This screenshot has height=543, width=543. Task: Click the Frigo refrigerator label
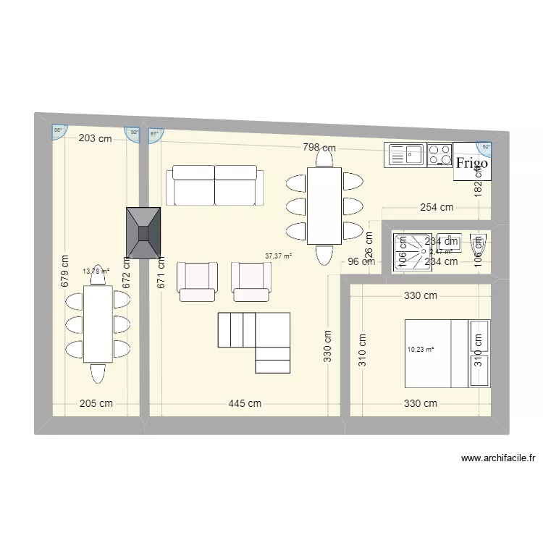(471, 163)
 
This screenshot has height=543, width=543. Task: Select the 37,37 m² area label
(278, 256)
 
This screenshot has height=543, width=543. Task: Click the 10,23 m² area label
(421, 350)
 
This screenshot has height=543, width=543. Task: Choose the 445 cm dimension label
(245, 403)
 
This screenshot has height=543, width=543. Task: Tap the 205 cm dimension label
(96, 403)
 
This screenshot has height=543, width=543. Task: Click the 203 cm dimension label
(95, 138)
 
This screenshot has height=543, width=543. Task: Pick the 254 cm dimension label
(437, 207)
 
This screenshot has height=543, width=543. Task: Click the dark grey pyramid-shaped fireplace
(143, 232)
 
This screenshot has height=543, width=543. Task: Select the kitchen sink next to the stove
(406, 154)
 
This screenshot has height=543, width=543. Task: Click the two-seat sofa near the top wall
(214, 185)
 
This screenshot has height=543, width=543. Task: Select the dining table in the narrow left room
(98, 324)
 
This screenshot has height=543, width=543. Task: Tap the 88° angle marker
(58, 131)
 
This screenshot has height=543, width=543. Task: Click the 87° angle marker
(155, 134)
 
